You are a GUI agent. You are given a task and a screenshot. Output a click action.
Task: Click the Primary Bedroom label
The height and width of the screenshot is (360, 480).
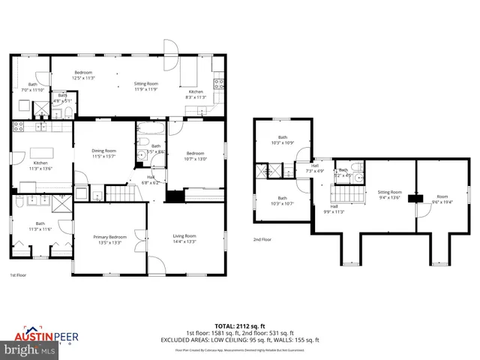(x=106, y=239)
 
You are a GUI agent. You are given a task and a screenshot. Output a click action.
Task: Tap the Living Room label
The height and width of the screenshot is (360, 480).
(x=184, y=238)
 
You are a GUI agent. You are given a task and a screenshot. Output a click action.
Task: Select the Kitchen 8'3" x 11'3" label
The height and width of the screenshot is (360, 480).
(x=195, y=94)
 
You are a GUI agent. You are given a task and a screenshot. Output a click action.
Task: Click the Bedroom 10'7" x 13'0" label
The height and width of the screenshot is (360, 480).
(x=195, y=155)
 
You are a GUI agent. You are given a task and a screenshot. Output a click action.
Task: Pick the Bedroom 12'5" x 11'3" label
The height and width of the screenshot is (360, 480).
(x=83, y=75)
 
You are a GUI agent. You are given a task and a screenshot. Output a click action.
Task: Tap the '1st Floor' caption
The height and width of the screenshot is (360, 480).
(x=19, y=276)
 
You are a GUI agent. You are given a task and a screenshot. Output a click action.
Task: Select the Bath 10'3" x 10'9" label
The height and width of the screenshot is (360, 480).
(x=283, y=139)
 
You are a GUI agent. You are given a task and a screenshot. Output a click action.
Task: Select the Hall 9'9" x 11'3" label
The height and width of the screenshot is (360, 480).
(x=334, y=208)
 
